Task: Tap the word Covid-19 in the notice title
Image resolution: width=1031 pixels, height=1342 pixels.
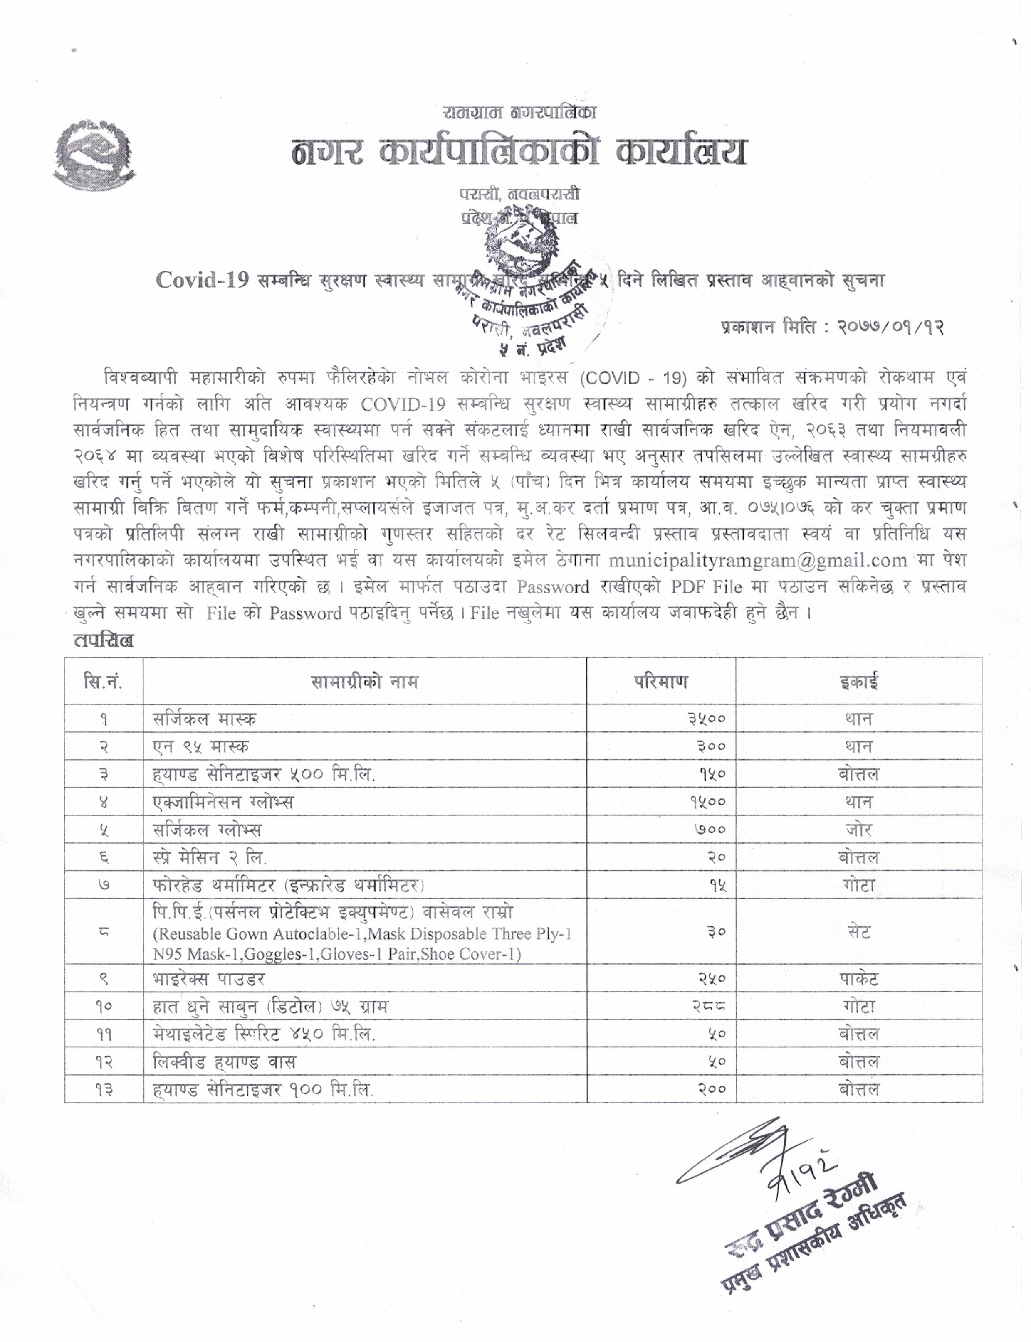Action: point(203,280)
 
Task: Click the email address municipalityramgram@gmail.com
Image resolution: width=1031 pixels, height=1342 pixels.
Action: point(758,560)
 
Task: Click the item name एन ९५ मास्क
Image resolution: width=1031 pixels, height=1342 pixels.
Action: point(201,746)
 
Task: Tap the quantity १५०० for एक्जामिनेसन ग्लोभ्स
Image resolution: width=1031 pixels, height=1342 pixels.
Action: point(707,802)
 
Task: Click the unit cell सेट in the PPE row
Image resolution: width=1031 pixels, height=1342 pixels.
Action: point(858,932)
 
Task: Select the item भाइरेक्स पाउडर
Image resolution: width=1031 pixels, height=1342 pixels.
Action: point(209,979)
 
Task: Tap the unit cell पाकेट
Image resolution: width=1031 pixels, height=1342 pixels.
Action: point(858,979)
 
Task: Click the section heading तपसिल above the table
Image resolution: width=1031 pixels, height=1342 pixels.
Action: point(103,641)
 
